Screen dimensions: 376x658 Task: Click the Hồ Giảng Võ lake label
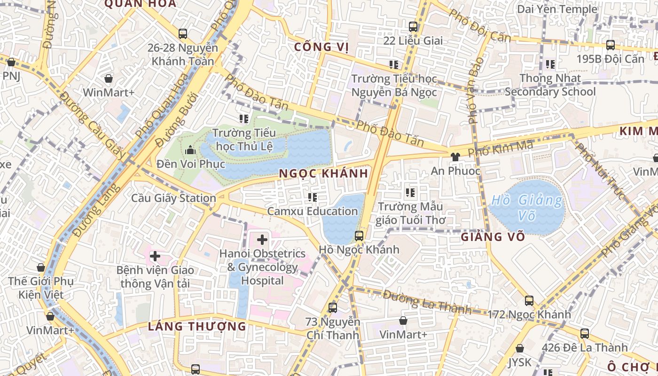click(x=526, y=208)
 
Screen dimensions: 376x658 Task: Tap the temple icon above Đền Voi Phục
click(x=190, y=150)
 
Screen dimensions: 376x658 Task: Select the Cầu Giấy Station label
click(x=173, y=198)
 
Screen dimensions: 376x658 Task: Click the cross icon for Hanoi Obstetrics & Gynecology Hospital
click(x=262, y=240)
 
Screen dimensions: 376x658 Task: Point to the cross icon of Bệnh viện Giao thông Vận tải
click(x=155, y=257)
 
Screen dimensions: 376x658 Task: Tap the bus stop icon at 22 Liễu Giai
click(x=413, y=27)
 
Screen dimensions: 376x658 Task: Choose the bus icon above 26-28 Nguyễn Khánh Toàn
click(x=183, y=34)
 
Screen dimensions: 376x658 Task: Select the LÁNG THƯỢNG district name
click(x=197, y=326)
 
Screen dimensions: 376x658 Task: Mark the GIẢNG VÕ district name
click(x=493, y=236)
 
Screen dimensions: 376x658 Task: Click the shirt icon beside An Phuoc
click(x=454, y=157)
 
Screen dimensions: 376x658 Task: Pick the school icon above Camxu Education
click(x=313, y=197)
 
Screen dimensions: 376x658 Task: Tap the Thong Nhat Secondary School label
click(x=550, y=85)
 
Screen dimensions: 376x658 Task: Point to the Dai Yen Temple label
click(x=557, y=9)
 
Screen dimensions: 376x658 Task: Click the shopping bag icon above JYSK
click(x=519, y=348)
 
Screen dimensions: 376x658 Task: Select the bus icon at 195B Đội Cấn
click(x=610, y=45)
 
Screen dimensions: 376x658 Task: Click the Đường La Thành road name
click(x=427, y=302)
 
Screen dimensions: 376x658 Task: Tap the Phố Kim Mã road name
click(x=501, y=149)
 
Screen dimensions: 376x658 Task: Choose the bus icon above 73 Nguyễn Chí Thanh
click(x=333, y=308)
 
